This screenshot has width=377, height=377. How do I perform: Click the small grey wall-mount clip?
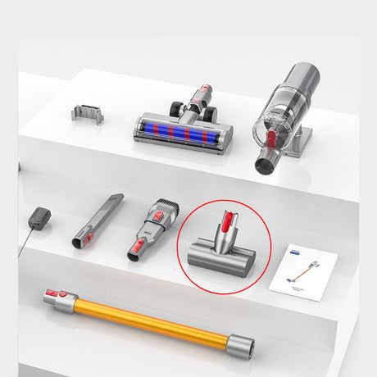[87, 113]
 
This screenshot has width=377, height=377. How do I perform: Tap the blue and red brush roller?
[181, 134]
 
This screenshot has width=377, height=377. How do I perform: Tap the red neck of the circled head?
[224, 222]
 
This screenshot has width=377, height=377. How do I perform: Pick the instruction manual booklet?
[303, 270]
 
